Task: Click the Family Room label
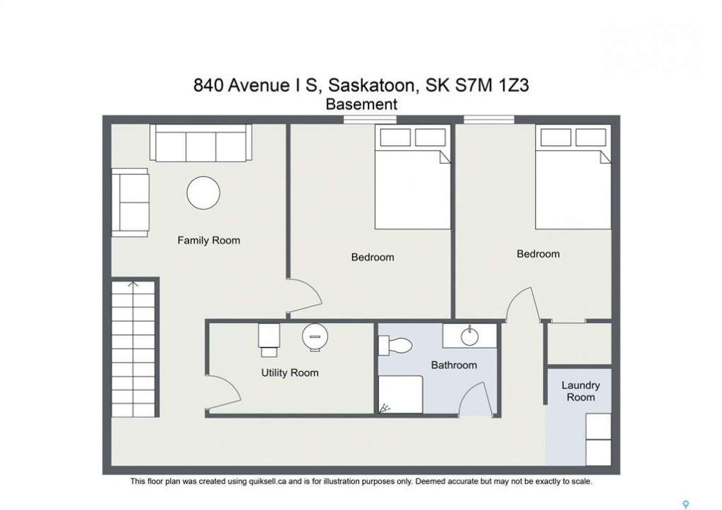[x=208, y=240]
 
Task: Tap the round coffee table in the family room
[x=203, y=193]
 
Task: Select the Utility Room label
[x=290, y=373]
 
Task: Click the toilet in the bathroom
[x=395, y=345]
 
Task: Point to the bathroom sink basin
[x=469, y=336]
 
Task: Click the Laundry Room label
[x=580, y=391]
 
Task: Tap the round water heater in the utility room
[x=315, y=336]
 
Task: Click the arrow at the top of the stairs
[x=133, y=285]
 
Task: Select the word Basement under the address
[x=361, y=105]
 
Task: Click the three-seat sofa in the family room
[x=201, y=143]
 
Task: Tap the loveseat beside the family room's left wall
[x=130, y=203]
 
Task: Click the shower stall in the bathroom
[x=400, y=395]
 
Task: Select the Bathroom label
[x=454, y=365]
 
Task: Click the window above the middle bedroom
[x=370, y=120]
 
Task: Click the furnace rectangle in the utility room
[x=269, y=340]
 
